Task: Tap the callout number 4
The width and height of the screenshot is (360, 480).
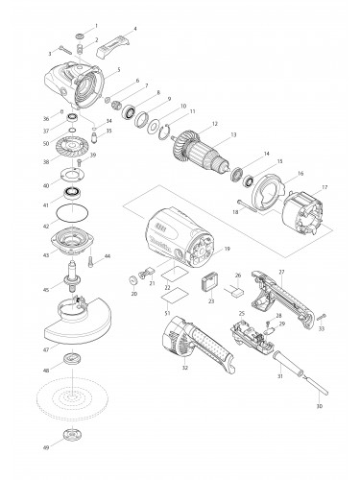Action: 135,28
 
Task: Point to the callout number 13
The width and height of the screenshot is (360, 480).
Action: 232,134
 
